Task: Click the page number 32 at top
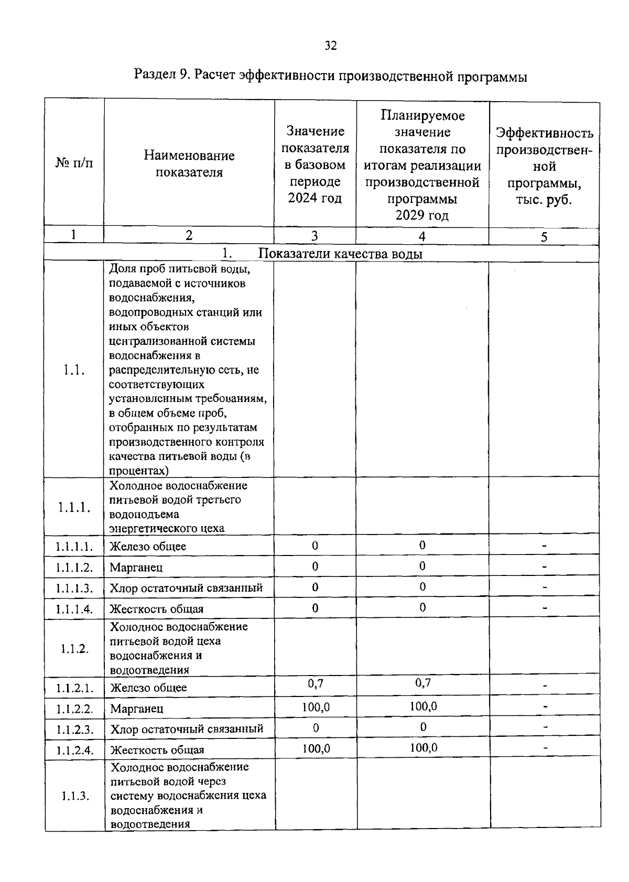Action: pyautogui.click(x=330, y=46)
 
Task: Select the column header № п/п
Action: pyautogui.click(x=74, y=163)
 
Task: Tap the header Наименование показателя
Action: pyautogui.click(x=189, y=164)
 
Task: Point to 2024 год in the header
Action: pyautogui.click(x=314, y=198)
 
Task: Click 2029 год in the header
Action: pyautogui.click(x=422, y=215)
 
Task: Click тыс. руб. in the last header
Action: pyautogui.click(x=544, y=200)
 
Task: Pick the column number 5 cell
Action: pyautogui.click(x=544, y=237)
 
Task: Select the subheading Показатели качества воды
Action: pyautogui.click(x=341, y=254)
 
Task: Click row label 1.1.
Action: pyautogui.click(x=74, y=370)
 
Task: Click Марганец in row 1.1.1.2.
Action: pyautogui.click(x=136, y=568)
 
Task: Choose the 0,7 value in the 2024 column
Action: pyautogui.click(x=316, y=683)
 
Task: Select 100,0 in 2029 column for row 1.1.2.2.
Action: pyautogui.click(x=423, y=706)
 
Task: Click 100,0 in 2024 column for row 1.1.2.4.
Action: pyautogui.click(x=316, y=748)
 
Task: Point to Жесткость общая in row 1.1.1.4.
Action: pyautogui.click(x=156, y=609)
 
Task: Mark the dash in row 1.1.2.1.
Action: pyautogui.click(x=545, y=685)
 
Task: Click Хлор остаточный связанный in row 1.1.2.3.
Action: pyautogui.click(x=187, y=729)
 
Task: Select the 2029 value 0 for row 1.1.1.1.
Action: pyautogui.click(x=422, y=545)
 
